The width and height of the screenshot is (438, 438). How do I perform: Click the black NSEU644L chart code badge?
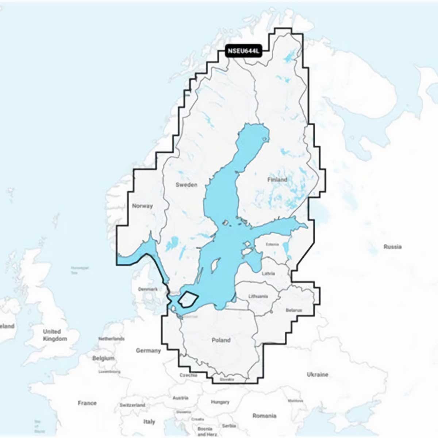coord(243,51)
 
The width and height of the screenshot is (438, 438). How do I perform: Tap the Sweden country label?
coord(186,185)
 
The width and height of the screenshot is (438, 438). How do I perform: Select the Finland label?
coord(277,180)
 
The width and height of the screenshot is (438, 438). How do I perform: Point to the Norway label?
coord(142,206)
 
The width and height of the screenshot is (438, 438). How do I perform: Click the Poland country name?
coord(221,340)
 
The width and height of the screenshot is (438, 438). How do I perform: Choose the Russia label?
coord(392,247)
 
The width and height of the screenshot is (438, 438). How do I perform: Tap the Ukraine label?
coord(317,374)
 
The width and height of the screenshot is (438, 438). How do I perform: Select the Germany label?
coord(148,350)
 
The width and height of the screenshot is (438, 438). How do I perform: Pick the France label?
coord(87,403)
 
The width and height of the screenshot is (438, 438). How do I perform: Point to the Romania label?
coord(264,416)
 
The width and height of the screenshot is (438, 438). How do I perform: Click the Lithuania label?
coord(258,296)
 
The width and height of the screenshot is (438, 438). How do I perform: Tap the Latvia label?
coord(268,273)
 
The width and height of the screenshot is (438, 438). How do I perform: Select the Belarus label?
coord(294,310)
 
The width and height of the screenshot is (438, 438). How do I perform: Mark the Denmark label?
coord(148,289)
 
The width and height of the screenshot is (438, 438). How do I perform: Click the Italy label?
coord(149,422)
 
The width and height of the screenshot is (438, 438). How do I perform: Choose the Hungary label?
coord(220,402)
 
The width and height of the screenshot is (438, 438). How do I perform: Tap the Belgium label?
coord(103,358)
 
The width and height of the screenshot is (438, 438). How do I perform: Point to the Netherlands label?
coord(111,339)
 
